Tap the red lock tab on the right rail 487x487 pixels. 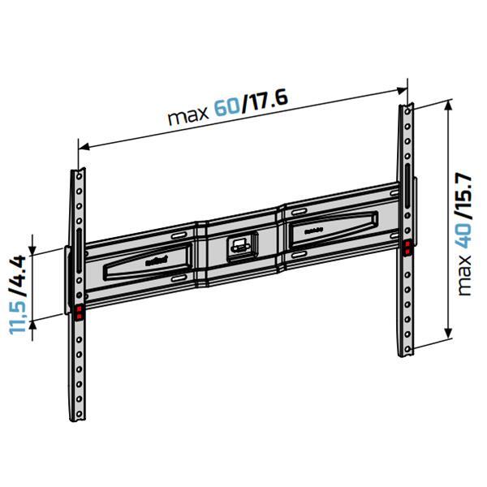[406, 246]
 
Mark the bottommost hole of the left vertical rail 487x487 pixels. [79, 413]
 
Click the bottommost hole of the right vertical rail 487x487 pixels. [406, 345]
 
